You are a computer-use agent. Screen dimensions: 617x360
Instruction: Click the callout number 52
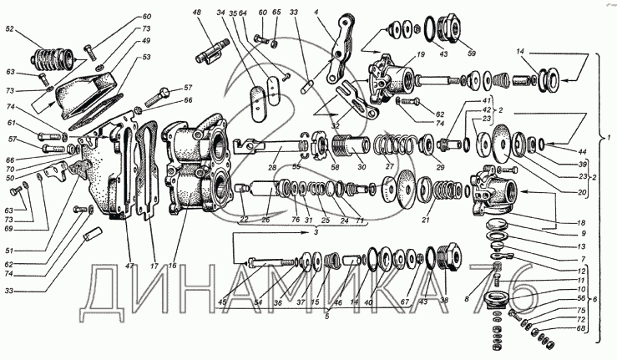pyautogui.click(x=9, y=29)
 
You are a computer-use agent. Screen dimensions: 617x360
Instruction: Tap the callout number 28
pyautogui.click(x=271, y=169)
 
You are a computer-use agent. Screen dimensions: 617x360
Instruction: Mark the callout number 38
pyautogui.click(x=444, y=300)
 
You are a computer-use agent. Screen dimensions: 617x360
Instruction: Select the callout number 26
pyautogui.click(x=266, y=221)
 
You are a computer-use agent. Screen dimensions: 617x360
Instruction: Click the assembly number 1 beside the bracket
pyautogui.click(x=610, y=135)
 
